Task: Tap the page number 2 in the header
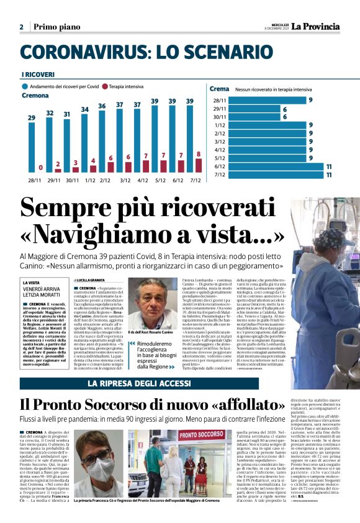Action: (x=21, y=27)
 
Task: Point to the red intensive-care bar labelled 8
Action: (x=199, y=165)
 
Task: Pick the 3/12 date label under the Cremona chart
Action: (x=125, y=180)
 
